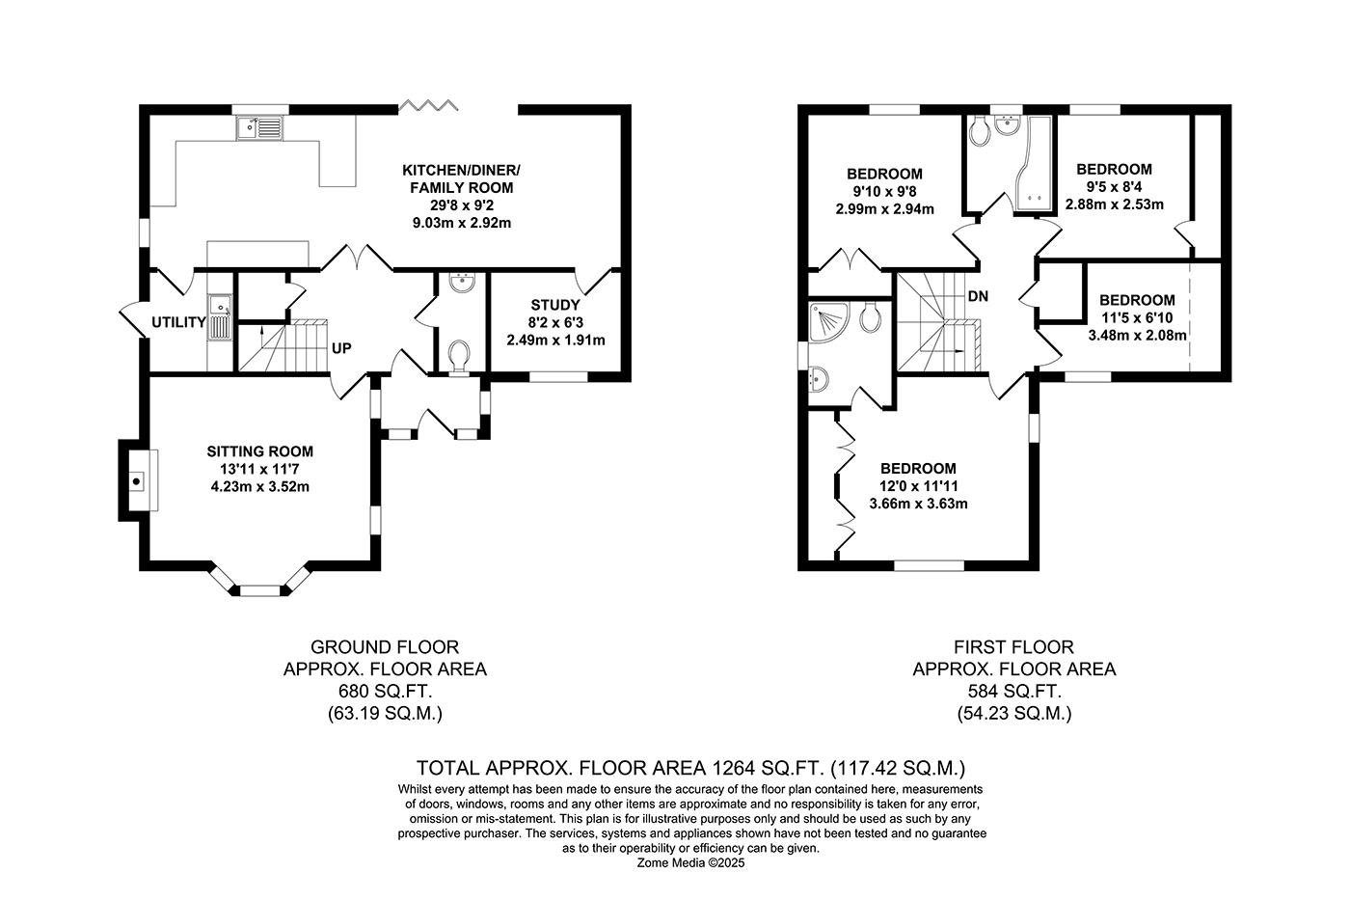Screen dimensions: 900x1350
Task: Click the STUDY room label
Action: point(555,306)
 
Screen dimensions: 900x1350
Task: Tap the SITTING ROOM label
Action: point(259,451)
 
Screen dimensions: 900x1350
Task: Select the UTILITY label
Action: point(178,323)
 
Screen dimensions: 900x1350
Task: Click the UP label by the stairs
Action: point(341,348)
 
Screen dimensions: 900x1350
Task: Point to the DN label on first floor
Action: point(978,297)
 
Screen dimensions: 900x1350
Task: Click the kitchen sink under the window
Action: point(257,126)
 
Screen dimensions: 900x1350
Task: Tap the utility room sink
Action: point(221,318)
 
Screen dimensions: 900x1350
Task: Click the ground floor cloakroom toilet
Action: point(459,354)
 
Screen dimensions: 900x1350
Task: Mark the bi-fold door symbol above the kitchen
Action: point(420,104)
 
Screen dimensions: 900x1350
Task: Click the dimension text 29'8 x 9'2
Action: point(457,205)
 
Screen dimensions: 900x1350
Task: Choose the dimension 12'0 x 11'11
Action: point(918,486)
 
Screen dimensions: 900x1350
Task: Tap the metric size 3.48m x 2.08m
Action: point(1137,335)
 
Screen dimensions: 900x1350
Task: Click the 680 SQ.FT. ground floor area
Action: point(384,692)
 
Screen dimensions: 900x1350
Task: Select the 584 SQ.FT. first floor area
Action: point(1013,692)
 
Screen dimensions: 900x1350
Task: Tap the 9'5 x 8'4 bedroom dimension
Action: point(1114,187)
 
